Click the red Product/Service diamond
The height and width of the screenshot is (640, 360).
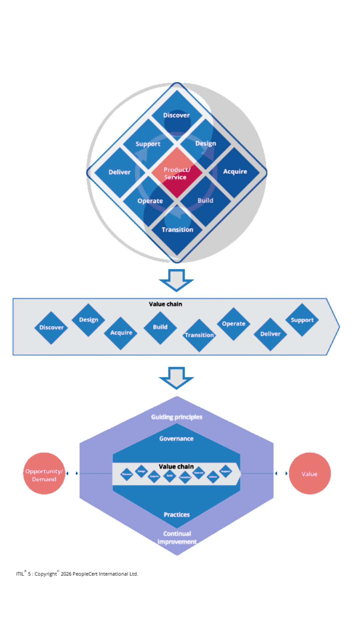click(x=177, y=173)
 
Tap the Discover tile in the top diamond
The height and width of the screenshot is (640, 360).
click(x=177, y=115)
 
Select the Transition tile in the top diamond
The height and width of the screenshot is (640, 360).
click(x=177, y=230)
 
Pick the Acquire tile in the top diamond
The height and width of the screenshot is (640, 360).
click(x=235, y=172)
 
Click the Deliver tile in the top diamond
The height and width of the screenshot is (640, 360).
click(x=120, y=172)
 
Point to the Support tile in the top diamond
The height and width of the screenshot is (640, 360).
click(x=148, y=144)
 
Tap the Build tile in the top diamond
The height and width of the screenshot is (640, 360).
click(x=205, y=201)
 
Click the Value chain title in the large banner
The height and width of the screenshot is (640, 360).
click(x=165, y=304)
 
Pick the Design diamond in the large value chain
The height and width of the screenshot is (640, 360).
click(x=88, y=320)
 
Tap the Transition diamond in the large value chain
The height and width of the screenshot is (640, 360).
click(x=199, y=335)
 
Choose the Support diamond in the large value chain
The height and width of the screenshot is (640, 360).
click(x=302, y=320)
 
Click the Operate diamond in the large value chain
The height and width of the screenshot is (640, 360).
click(x=234, y=324)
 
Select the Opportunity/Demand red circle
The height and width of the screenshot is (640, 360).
click(x=44, y=474)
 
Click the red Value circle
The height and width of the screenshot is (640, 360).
click(x=310, y=474)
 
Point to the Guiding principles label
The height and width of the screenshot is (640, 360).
click(x=177, y=417)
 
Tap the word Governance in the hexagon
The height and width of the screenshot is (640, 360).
click(x=176, y=439)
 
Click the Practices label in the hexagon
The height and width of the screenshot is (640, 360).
click(x=177, y=515)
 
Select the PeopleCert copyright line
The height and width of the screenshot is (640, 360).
click(x=77, y=574)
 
